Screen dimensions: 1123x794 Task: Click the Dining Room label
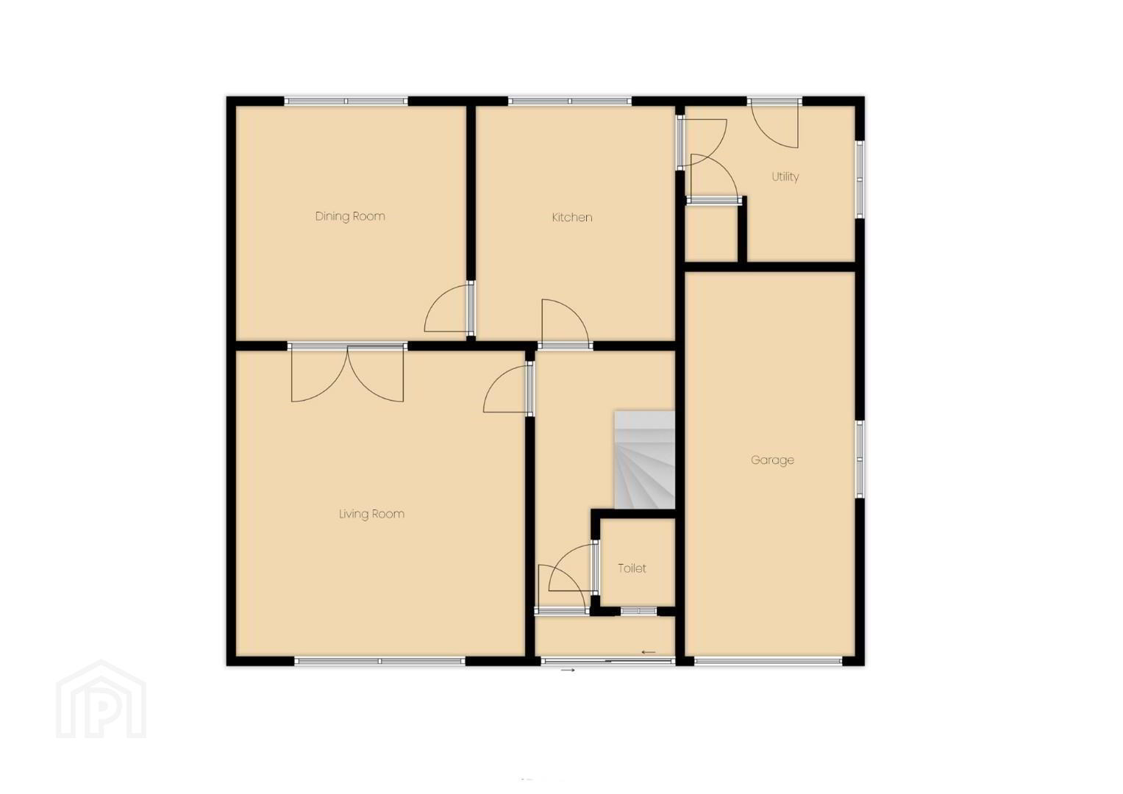(x=350, y=217)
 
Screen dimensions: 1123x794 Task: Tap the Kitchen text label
(x=572, y=218)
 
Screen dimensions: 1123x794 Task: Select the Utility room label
(x=785, y=177)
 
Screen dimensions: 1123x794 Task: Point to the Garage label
(x=772, y=460)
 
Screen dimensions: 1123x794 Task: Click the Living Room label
(x=371, y=514)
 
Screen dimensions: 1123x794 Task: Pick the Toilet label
(x=632, y=568)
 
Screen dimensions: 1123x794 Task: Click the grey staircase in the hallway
(x=645, y=459)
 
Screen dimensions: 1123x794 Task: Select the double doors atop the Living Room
(x=347, y=373)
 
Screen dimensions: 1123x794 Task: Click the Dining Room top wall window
(x=346, y=101)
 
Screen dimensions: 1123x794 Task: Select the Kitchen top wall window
(x=570, y=101)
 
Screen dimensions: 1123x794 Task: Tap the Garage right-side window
(x=860, y=459)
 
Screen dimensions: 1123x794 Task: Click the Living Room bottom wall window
(x=379, y=661)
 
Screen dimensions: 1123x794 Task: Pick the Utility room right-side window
(x=860, y=179)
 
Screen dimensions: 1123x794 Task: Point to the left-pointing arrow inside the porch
(x=649, y=652)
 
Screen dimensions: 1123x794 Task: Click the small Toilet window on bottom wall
(x=638, y=611)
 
